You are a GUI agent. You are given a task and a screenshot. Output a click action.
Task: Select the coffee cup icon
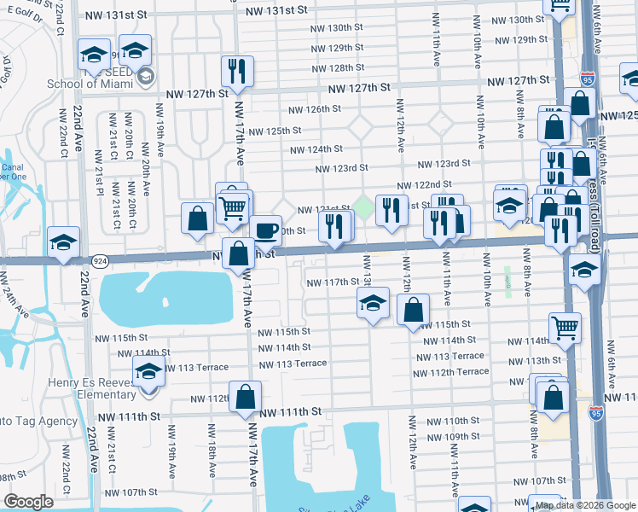click(265, 230)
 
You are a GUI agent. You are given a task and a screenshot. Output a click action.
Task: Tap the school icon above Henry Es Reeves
click(148, 371)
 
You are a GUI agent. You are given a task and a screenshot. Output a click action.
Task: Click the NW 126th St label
click(314, 109)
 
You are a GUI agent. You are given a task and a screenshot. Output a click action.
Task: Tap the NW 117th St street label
click(333, 282)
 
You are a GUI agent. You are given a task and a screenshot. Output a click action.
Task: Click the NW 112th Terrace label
click(450, 372)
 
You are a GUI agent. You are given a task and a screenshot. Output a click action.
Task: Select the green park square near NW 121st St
click(364, 206)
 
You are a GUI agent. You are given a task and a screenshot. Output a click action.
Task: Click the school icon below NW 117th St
click(373, 303)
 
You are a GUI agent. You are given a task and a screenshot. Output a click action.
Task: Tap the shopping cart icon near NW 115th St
click(565, 328)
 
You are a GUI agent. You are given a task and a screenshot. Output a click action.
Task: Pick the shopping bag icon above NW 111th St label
click(246, 397)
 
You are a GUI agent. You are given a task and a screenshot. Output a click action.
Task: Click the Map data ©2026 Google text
click(584, 505)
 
